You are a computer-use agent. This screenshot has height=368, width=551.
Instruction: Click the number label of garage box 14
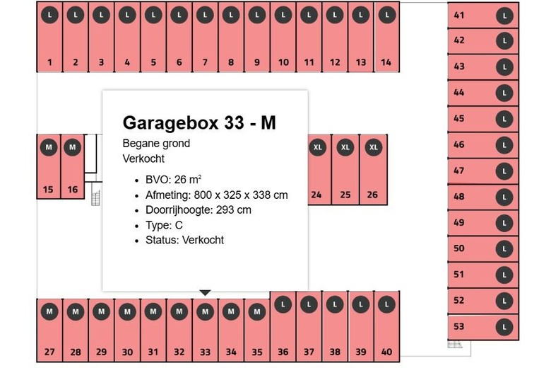coord(386,62)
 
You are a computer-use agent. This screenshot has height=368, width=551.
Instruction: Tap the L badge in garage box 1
coord(49,15)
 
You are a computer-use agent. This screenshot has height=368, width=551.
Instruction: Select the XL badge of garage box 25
coord(345,147)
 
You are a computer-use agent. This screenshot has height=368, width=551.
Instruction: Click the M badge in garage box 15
coord(49,147)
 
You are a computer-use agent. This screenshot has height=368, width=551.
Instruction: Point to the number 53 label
coord(459,326)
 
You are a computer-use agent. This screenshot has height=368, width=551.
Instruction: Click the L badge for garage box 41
coord(504,16)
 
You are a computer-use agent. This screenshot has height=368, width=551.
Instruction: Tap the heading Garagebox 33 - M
coord(199,122)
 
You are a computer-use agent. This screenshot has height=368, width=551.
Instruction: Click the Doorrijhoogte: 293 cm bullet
coord(199,210)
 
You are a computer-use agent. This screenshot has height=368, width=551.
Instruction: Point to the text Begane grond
coord(156,144)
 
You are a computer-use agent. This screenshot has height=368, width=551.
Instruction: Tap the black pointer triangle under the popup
coord(206,293)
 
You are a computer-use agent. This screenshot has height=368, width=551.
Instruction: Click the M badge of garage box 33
coord(206,311)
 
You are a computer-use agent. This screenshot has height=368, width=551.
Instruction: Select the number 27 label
coord(49,352)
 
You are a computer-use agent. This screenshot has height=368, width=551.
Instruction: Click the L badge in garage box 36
coord(283,304)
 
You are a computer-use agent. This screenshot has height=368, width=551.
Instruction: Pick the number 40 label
coord(386,352)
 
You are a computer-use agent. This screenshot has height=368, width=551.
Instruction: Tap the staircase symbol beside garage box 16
coord(95,198)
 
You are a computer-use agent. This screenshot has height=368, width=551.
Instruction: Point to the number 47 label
coord(459,171)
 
